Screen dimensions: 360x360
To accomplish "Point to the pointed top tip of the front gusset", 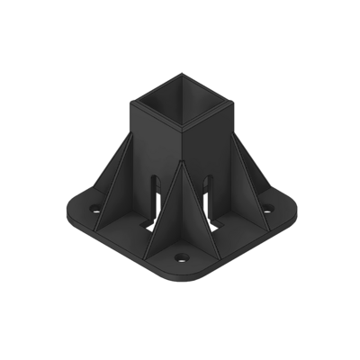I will click(181, 162).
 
